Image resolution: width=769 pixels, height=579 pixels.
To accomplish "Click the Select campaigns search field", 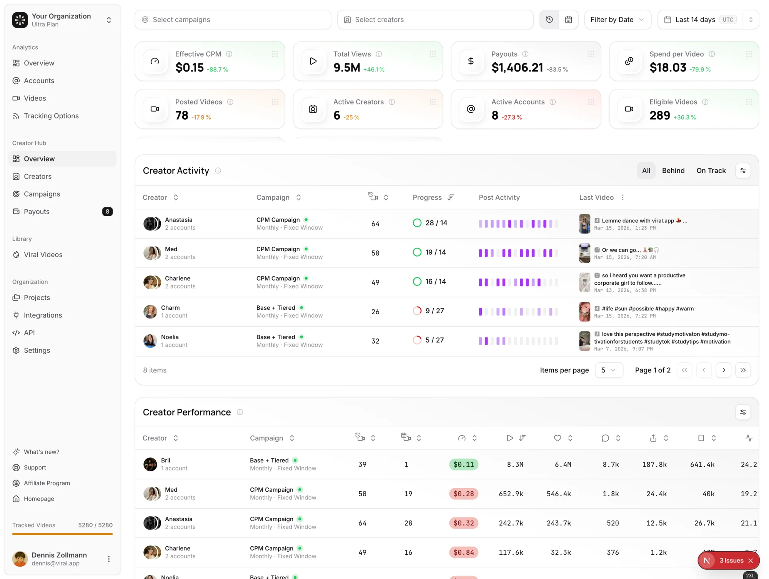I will [x=233, y=20].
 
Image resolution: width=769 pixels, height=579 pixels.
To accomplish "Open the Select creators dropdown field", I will [x=435, y=20].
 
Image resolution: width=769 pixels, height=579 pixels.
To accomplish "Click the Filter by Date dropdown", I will [x=617, y=20].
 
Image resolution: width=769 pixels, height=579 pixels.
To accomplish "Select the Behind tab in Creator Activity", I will [x=673, y=170].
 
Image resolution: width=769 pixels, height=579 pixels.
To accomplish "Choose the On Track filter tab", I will [x=711, y=170].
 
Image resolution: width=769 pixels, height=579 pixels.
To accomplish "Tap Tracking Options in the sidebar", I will [x=51, y=116].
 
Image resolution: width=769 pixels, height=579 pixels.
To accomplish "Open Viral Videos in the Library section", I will [x=43, y=255].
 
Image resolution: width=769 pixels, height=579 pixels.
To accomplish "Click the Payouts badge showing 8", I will [x=107, y=212].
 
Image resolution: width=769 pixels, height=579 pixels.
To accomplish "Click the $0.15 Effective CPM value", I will [x=189, y=68].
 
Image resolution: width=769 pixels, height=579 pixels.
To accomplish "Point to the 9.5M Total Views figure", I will [x=346, y=68].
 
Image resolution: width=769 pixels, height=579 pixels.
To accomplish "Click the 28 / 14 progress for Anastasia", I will [x=436, y=223].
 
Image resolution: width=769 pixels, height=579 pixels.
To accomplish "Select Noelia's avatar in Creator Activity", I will [x=150, y=341].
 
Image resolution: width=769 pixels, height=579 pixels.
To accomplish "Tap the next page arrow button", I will [x=723, y=370].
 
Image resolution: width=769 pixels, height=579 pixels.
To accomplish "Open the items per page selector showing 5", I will [x=608, y=370].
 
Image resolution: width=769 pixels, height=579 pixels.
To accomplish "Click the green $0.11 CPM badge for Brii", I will [x=463, y=464].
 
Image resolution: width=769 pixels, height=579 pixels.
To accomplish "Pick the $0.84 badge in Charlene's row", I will [x=463, y=552].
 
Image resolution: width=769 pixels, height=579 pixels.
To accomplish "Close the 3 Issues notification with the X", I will [x=751, y=561].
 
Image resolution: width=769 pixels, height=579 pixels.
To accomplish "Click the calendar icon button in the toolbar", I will [x=568, y=20].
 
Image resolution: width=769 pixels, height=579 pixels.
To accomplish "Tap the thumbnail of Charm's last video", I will [x=584, y=312].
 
